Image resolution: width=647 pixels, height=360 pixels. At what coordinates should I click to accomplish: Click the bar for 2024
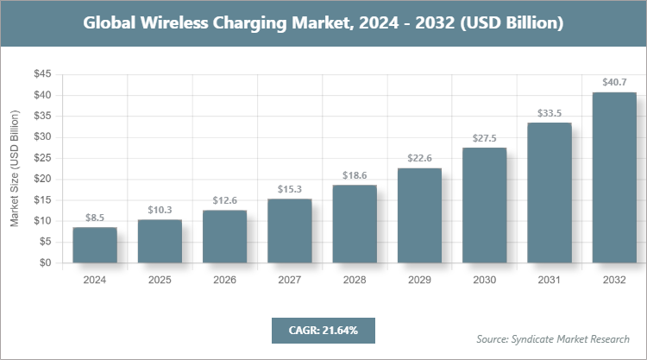tap(95, 245)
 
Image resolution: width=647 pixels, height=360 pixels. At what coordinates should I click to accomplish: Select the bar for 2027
tap(290, 231)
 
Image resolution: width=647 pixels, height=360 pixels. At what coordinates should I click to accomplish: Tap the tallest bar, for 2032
tap(614, 177)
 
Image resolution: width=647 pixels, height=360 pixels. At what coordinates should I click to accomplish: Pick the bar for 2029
tap(419, 216)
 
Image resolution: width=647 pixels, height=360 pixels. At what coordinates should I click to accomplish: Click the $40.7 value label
tap(614, 83)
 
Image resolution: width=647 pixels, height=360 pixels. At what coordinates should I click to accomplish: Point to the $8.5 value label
tap(95, 218)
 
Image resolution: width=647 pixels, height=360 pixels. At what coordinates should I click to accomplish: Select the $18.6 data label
tap(355, 175)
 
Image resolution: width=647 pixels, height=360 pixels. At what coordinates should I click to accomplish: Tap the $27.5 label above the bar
tap(485, 138)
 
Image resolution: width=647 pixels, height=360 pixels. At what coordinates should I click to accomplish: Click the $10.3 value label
tap(160, 210)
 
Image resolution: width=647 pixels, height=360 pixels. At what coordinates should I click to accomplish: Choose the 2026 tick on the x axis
tap(224, 281)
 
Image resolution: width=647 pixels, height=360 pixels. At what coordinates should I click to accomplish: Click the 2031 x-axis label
tap(550, 281)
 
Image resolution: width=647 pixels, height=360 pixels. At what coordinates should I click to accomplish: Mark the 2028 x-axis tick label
tap(355, 281)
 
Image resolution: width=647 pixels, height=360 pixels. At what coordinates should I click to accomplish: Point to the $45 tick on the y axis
tap(41, 74)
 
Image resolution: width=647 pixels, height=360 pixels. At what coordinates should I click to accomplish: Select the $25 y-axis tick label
tap(41, 158)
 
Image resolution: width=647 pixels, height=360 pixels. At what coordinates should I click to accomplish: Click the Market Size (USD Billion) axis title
tap(15, 169)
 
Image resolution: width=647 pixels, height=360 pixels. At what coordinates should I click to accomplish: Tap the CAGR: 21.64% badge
tap(323, 330)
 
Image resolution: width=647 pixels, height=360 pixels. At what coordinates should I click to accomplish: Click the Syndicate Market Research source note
tap(553, 338)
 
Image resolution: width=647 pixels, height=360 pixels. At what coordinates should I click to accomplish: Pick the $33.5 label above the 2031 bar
tap(550, 112)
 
